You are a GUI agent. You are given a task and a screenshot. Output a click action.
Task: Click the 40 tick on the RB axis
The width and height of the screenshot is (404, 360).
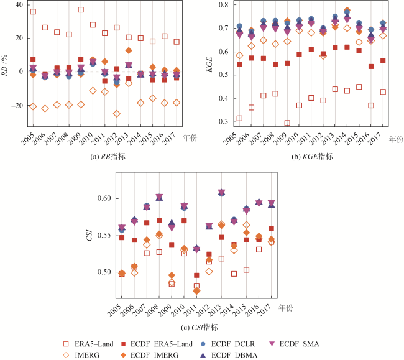(17, 5)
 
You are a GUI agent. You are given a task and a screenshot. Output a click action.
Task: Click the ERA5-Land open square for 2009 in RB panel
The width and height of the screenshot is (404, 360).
(81, 9)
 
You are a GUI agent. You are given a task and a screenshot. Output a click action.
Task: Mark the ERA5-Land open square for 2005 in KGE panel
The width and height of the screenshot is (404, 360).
(239, 119)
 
